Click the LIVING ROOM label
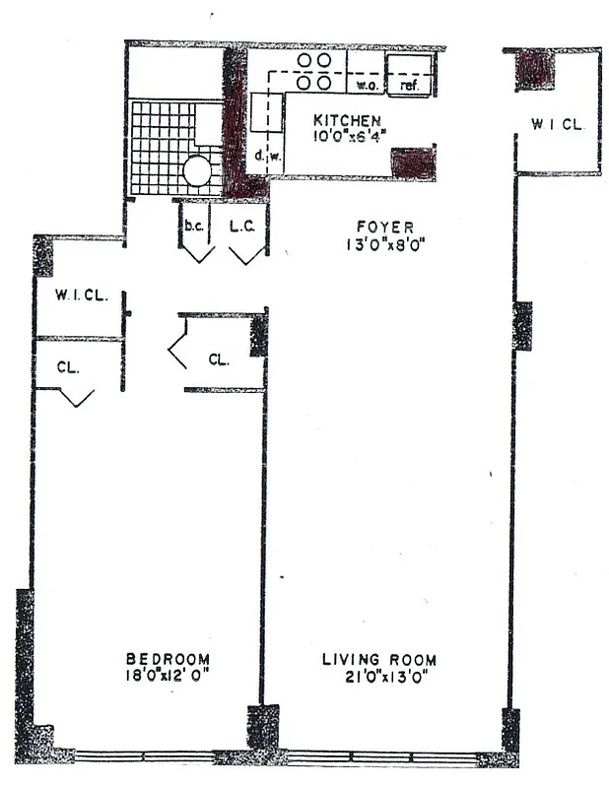379,659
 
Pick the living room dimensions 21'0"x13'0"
379,676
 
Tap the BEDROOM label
168,659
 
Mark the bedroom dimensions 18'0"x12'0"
168,676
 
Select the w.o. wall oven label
367,86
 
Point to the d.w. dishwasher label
268,155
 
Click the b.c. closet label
194,226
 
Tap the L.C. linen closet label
242,226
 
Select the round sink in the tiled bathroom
196,172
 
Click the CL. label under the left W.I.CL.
67,365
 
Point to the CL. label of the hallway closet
219,360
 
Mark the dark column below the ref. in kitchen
413,162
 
